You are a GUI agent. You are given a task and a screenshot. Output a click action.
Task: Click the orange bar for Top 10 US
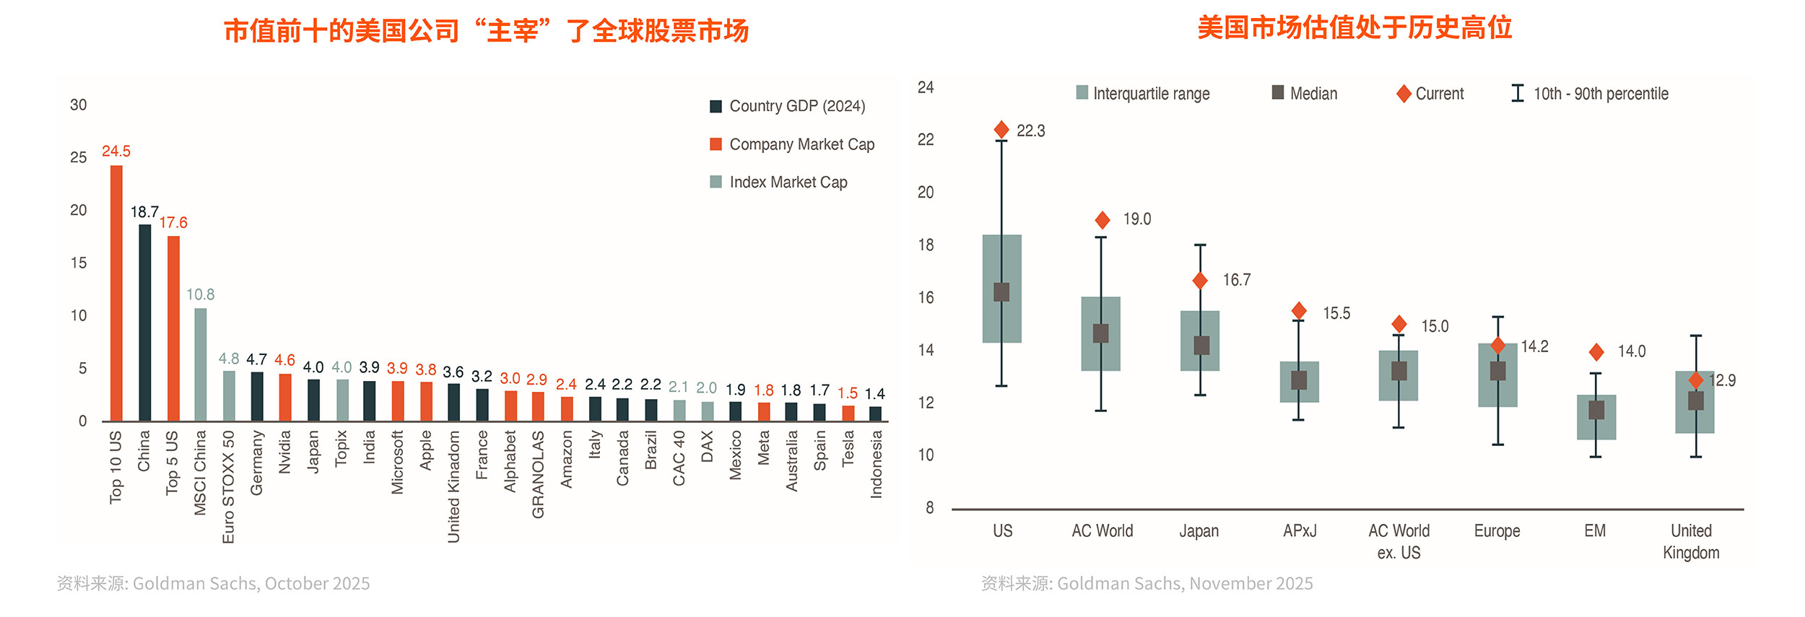pos(116,293)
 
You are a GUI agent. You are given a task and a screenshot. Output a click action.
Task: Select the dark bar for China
pos(144,323)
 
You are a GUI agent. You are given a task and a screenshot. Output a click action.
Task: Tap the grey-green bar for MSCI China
pos(201,364)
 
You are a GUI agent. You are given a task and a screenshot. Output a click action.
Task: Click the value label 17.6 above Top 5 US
pos(173,223)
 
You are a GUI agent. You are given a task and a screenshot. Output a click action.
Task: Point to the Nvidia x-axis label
pos(285,452)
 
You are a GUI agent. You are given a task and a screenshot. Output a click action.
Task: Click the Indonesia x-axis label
pos(877,464)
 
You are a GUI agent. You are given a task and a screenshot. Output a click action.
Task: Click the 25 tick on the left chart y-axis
pos(78,157)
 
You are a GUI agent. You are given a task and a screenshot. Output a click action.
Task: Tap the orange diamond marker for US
pos(1001,130)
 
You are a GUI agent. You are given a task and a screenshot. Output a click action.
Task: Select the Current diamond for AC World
pos(1102,220)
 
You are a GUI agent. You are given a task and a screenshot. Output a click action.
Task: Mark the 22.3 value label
pos(1031,131)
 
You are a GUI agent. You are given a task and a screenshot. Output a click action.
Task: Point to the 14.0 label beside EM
pos(1632,351)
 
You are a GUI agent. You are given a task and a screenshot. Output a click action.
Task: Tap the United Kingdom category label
pos(1691,541)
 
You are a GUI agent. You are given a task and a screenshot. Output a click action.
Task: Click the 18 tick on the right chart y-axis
pos(926,245)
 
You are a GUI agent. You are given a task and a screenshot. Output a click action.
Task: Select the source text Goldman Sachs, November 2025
pos(1184,583)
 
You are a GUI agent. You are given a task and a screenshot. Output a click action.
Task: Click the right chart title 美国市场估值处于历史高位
pos(1354,28)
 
